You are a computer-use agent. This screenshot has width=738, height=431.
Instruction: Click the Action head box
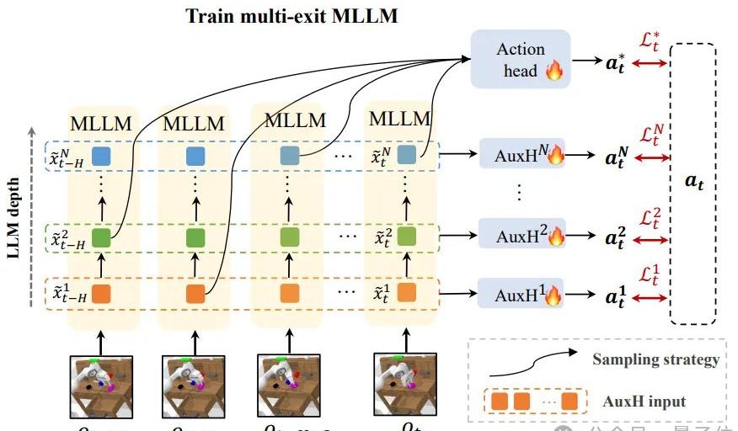[x=520, y=59]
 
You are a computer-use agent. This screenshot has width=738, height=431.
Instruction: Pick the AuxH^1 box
[x=522, y=294]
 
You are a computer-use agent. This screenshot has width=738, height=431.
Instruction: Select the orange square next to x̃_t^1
[x=406, y=293]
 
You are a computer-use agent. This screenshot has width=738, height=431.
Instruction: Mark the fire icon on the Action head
[x=553, y=71]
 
